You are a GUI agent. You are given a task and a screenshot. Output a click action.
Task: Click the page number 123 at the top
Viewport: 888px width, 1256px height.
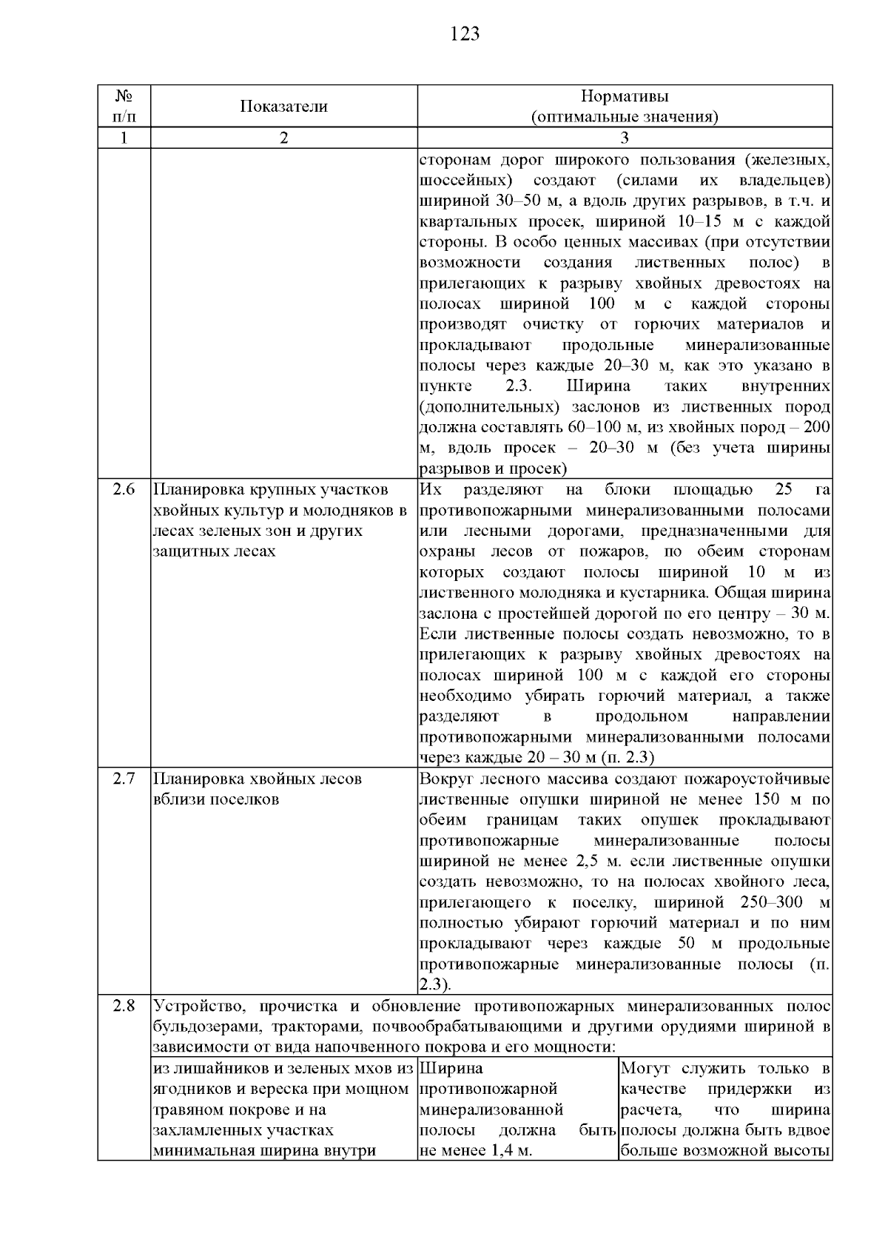pyautogui.click(x=465, y=34)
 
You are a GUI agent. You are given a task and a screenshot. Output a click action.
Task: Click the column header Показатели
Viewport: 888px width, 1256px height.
pyautogui.click(x=283, y=107)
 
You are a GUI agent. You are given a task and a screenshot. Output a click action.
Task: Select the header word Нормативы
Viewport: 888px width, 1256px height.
pyautogui.click(x=625, y=97)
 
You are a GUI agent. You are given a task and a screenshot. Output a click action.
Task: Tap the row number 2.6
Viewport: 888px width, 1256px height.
pyautogui.click(x=124, y=490)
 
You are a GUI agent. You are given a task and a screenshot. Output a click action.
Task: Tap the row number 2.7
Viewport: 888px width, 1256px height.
pyautogui.click(x=124, y=779)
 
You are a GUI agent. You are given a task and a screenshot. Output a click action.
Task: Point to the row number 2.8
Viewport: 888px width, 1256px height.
pyautogui.click(x=124, y=1007)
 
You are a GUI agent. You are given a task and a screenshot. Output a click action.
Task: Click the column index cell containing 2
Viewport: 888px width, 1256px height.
pyautogui.click(x=283, y=138)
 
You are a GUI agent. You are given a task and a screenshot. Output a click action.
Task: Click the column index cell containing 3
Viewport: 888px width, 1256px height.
pyautogui.click(x=625, y=138)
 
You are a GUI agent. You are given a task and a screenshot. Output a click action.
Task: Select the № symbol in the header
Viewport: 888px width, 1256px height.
pyautogui.click(x=124, y=97)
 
